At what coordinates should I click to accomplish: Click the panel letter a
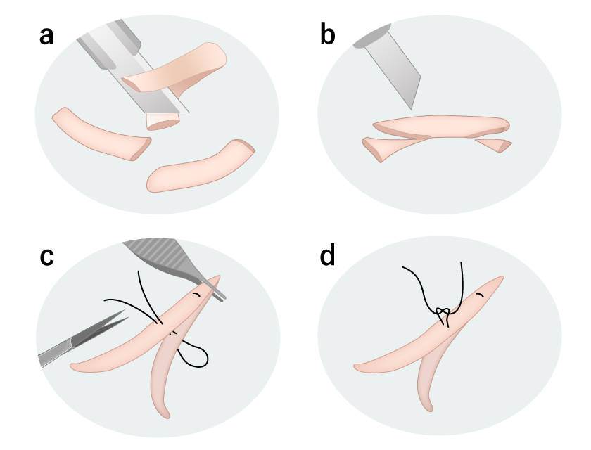tap(46, 37)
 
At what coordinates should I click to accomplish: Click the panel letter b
tap(328, 34)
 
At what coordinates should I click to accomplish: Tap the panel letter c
tap(46, 257)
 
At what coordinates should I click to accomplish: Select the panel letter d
tap(327, 255)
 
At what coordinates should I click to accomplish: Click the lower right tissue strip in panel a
tap(200, 167)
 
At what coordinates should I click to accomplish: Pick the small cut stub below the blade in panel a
tap(162, 121)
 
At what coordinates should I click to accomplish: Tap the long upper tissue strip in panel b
tap(441, 126)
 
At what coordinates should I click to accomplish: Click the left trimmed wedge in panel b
tap(388, 147)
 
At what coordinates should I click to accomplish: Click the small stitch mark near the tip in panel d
tap(480, 295)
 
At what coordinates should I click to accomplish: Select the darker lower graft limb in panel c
tap(166, 371)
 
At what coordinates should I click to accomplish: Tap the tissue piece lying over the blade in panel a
tap(177, 70)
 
